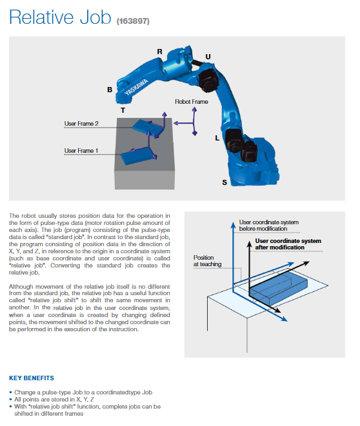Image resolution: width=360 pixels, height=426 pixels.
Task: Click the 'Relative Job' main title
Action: click(60, 17)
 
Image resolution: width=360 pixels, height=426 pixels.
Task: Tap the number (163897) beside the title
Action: click(133, 21)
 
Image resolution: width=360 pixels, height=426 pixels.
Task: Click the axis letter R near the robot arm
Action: click(159, 52)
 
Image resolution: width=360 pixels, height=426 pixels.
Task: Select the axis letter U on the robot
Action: click(208, 57)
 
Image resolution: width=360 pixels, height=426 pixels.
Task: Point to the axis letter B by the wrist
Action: click(110, 90)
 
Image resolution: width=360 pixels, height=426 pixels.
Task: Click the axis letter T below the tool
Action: click(123, 110)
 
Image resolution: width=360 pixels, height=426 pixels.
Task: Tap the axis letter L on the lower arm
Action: click(217, 138)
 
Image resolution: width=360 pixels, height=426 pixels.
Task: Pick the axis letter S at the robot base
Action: click(225, 182)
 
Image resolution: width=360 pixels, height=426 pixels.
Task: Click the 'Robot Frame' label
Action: click(192, 102)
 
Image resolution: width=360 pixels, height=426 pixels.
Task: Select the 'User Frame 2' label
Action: click(81, 124)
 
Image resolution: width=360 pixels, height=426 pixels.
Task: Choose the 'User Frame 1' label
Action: click(81, 151)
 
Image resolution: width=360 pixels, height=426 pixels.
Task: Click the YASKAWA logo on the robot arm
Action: click(136, 87)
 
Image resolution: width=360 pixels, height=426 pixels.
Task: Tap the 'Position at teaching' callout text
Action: click(207, 261)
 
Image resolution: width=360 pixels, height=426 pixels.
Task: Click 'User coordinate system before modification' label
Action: click(268, 226)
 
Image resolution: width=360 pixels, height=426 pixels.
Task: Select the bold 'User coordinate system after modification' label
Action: click(288, 244)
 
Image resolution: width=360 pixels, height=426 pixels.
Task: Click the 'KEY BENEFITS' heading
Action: click(32, 378)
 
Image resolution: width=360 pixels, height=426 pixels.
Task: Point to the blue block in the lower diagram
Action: click(279, 289)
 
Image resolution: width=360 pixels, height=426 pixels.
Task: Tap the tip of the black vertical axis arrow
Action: click(249, 241)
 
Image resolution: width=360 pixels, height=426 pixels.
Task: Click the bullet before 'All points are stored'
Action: click(10, 400)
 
